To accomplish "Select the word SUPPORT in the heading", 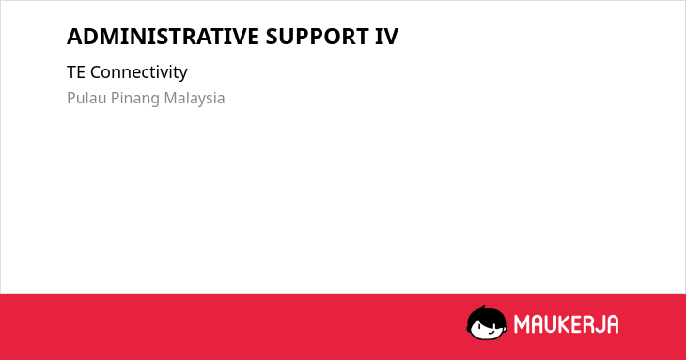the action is pyautogui.click(x=317, y=37).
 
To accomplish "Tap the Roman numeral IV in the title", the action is pyautogui.click(x=386, y=37).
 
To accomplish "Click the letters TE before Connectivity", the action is pyautogui.click(x=76, y=72).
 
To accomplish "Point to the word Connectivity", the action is pyautogui.click(x=139, y=72).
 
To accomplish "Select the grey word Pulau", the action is pyautogui.click(x=86, y=98).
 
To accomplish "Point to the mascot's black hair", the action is pyautogui.click(x=485, y=317).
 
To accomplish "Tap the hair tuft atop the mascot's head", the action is pyautogui.click(x=484, y=307).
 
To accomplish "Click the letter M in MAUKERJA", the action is pyautogui.click(x=521, y=324).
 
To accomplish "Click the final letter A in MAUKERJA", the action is pyautogui.click(x=612, y=324).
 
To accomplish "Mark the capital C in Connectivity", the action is pyautogui.click(x=95, y=72).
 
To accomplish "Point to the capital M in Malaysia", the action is pyautogui.click(x=171, y=98).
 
